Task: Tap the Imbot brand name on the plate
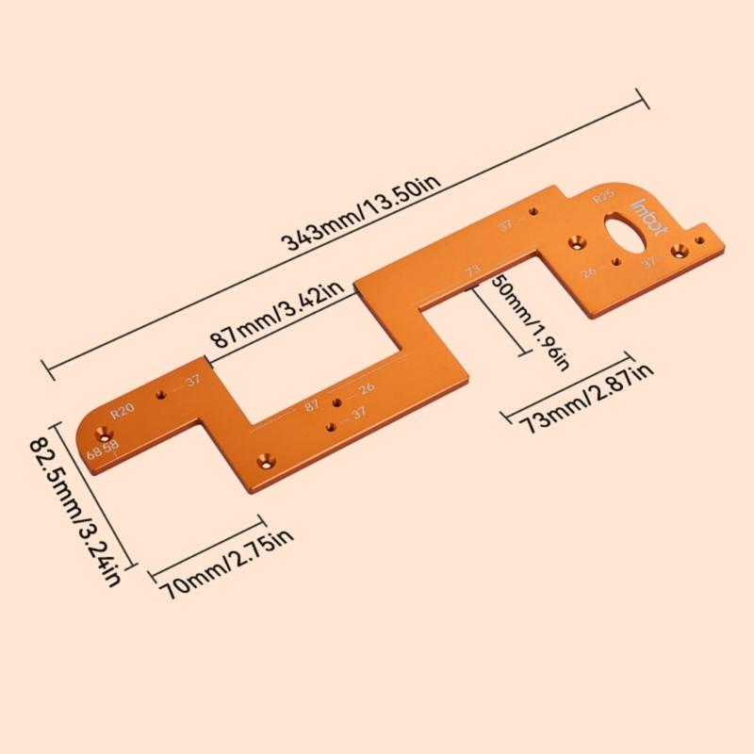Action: [x=650, y=215]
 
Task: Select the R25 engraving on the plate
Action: [x=602, y=198]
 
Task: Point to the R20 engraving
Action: [x=123, y=412]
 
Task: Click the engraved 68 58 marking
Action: [x=103, y=449]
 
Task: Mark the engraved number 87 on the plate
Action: [x=312, y=405]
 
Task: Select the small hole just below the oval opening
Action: [x=615, y=261]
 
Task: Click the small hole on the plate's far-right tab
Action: [x=698, y=240]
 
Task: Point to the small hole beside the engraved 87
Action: [x=336, y=402]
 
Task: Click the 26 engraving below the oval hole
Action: [x=589, y=271]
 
